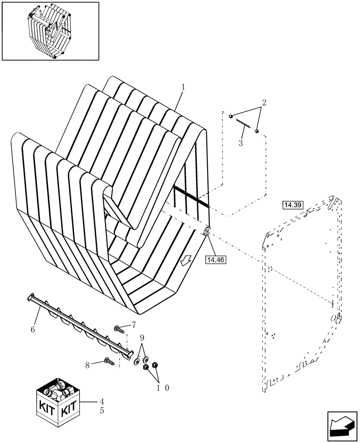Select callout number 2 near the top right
pos(264,103)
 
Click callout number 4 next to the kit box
pos(102,401)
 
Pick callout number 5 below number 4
pos(102,411)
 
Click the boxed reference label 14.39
pos(292,205)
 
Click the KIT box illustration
pos(58,399)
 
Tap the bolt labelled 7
pos(119,329)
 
